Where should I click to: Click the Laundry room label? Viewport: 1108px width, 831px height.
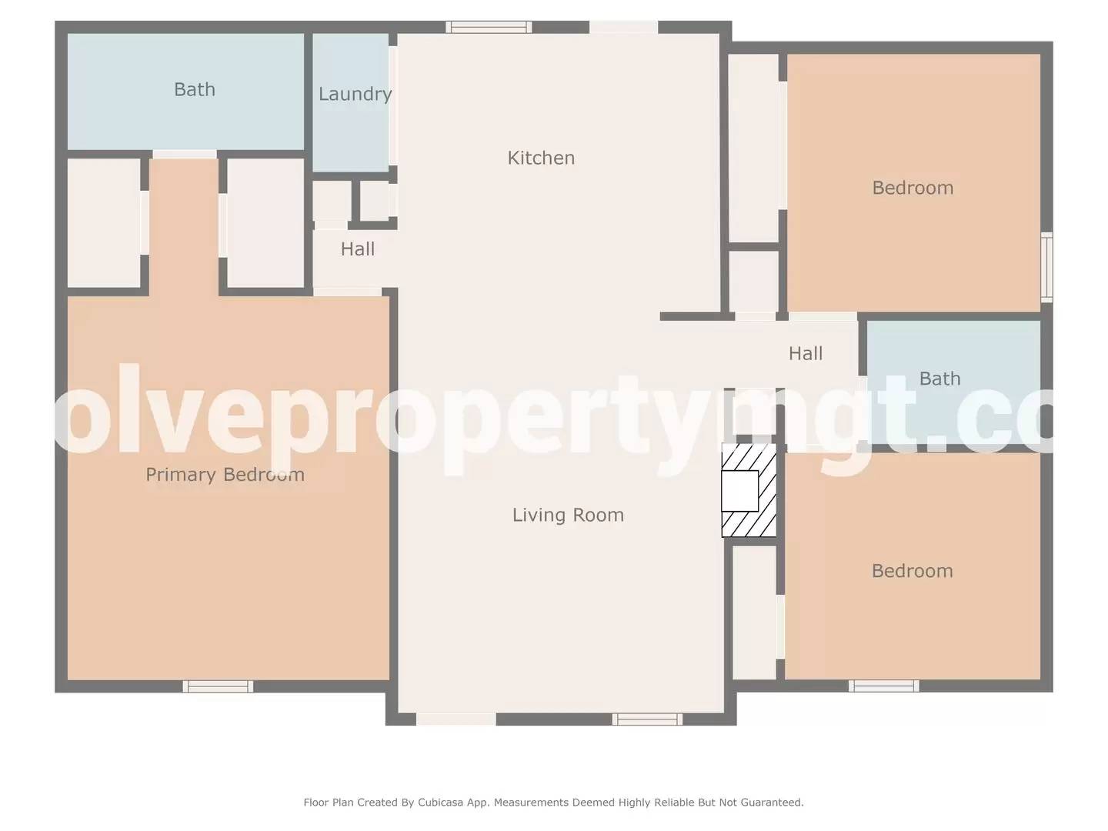coord(355,94)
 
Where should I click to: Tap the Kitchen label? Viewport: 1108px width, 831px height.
coord(541,158)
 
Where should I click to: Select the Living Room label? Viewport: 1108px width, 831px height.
coord(568,515)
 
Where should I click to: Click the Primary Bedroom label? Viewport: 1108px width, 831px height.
coord(225,475)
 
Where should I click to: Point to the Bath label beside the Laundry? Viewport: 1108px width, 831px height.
coord(195,89)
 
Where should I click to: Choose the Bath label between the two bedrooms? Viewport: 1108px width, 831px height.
coord(939,379)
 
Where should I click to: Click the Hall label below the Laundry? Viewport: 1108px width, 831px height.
coord(358,249)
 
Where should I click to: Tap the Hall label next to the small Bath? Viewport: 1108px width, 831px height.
coord(806,353)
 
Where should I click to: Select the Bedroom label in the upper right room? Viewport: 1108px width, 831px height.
coord(913,188)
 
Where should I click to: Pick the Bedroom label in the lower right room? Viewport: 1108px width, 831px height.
coord(912,571)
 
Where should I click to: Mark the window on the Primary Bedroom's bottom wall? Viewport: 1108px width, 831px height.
coord(218,686)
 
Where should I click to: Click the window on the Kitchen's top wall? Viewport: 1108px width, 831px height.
coord(489,27)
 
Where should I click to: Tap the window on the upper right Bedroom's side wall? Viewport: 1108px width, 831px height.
coord(1046,266)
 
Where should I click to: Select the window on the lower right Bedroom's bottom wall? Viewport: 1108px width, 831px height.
coord(883,686)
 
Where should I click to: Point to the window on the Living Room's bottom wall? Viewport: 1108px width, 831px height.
coord(647,719)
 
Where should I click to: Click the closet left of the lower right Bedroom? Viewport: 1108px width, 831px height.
coord(754,612)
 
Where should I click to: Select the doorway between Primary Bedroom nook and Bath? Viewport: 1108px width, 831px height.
coord(185,154)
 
